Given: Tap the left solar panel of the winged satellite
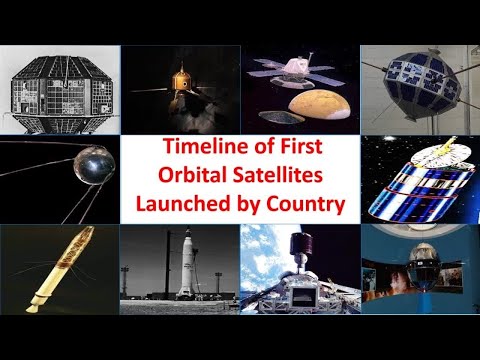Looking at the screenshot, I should pyautogui.click(x=268, y=72).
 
